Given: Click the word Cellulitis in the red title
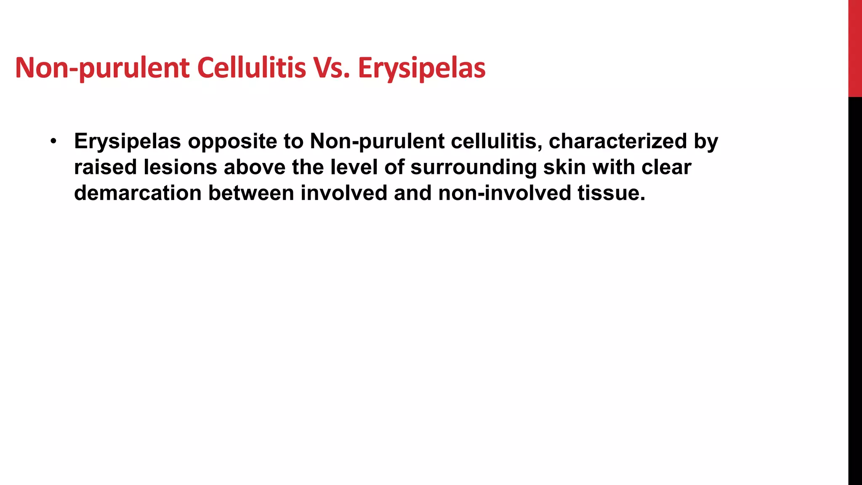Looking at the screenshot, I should (x=251, y=68).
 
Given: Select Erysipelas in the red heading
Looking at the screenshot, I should (x=422, y=69).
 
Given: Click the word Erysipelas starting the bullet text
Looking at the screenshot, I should (x=128, y=141).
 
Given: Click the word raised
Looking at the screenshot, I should (x=106, y=167).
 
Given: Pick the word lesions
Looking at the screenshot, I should (x=180, y=167).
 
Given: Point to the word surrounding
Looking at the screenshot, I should (x=474, y=168).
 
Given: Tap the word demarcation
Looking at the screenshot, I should (x=138, y=193).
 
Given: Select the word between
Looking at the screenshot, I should (x=251, y=193).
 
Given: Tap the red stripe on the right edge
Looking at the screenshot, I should (x=855, y=48).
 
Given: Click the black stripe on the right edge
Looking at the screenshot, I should (x=855, y=290).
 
